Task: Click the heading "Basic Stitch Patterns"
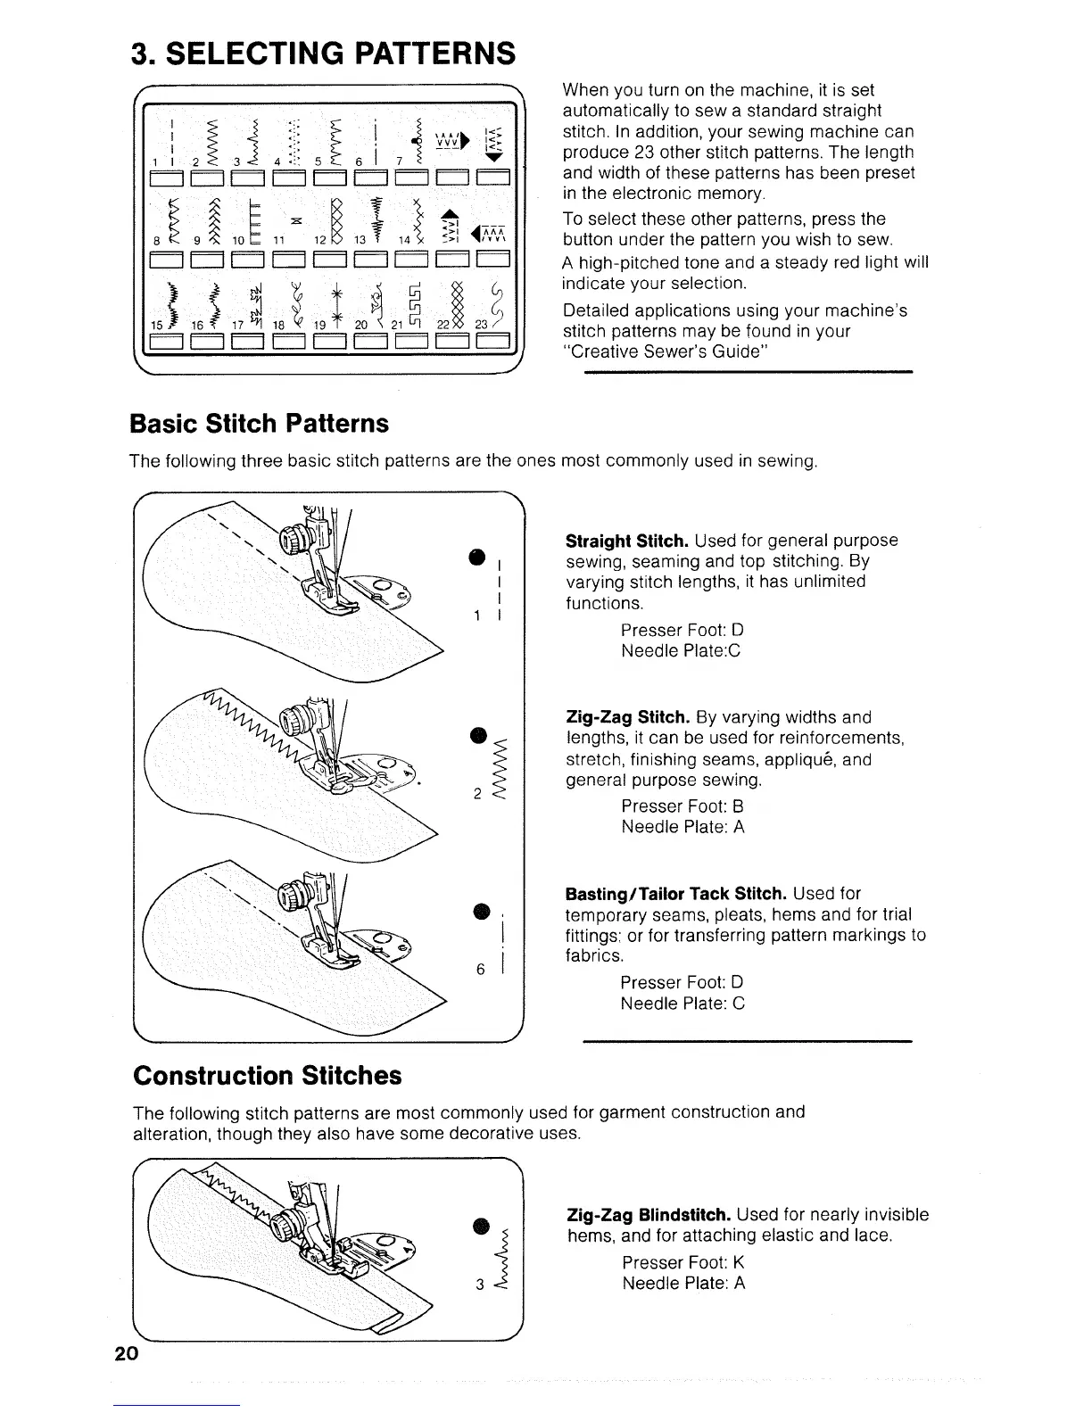[x=260, y=423]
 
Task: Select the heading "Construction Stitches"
[x=267, y=1075]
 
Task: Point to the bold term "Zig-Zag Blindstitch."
[x=649, y=1215]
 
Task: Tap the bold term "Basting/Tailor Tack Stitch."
[x=676, y=894]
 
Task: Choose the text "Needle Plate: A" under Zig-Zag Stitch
[x=682, y=827]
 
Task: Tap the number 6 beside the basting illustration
[x=480, y=971]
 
